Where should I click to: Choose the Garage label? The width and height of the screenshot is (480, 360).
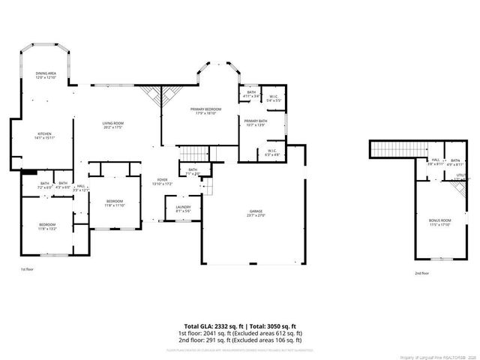tap(256, 214)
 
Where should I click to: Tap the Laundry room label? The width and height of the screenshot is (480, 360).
tap(183, 208)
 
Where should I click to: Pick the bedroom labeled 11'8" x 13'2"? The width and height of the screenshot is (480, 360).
tap(46, 226)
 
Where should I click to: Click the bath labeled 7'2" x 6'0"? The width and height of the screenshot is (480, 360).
tap(45, 185)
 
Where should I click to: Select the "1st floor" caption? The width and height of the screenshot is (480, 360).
tap(27, 268)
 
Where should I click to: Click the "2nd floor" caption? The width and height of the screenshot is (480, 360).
tap(423, 273)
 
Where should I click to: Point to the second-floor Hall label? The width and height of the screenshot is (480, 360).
tap(436, 161)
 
